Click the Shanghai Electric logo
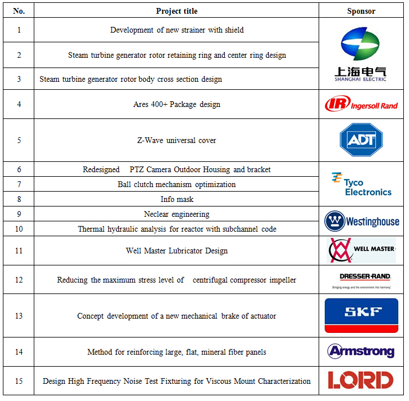pyautogui.click(x=360, y=54)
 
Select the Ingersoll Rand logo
pyautogui.click(x=361, y=104)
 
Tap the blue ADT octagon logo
pyautogui.click(x=361, y=140)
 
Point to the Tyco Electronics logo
pyautogui.click(x=361, y=184)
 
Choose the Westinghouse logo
pyautogui.click(x=361, y=221)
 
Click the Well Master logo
pyautogui.click(x=361, y=250)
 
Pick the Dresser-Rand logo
pyautogui.click(x=361, y=280)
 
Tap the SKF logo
pyautogui.click(x=361, y=315)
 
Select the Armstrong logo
pyautogui.click(x=361, y=351)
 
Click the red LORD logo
pyautogui.click(x=361, y=380)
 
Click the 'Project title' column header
pyautogui.click(x=177, y=11)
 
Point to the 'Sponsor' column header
pyautogui.click(x=361, y=11)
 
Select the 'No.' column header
pyautogui.click(x=19, y=11)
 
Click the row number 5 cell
pyautogui.click(x=19, y=140)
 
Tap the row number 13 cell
pyautogui.click(x=19, y=316)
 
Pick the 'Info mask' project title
pyautogui.click(x=177, y=199)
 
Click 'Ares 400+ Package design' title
pyautogui.click(x=177, y=104)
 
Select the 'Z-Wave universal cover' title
pyautogui.click(x=177, y=140)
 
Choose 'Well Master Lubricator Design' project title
pyautogui.click(x=177, y=251)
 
